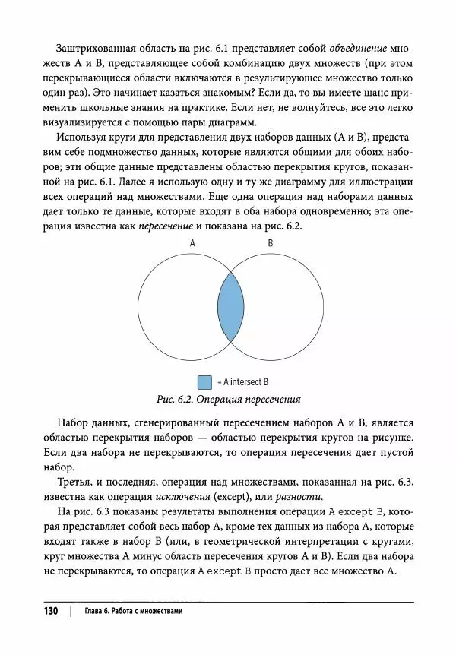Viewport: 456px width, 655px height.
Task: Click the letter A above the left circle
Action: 192,243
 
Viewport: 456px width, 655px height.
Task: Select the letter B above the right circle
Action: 271,243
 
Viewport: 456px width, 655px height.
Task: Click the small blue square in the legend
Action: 204,381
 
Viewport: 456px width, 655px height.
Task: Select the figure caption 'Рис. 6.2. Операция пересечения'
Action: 229,399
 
